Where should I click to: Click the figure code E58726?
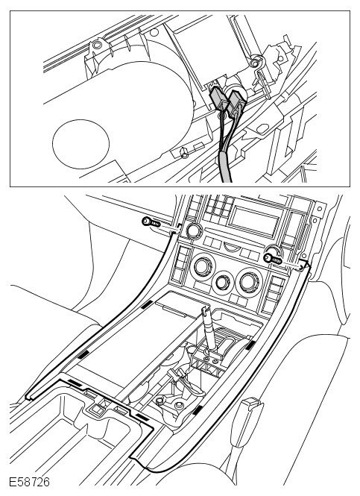coord(29,482)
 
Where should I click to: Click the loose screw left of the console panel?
coord(151,223)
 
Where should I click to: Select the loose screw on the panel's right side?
coord(273,259)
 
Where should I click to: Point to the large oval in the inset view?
coord(80,144)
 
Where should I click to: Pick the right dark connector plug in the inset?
coord(236,103)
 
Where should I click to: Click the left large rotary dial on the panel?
coord(203,266)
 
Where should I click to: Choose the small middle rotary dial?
coord(224,280)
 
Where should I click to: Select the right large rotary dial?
coord(248,282)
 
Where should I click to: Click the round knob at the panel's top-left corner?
coord(193,231)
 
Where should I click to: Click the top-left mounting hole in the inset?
coord(97,45)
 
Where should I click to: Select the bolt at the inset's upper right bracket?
coord(254,63)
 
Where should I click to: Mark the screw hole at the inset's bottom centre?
coord(184,153)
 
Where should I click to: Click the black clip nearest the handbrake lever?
coord(198,410)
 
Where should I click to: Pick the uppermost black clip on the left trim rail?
coord(147,304)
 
